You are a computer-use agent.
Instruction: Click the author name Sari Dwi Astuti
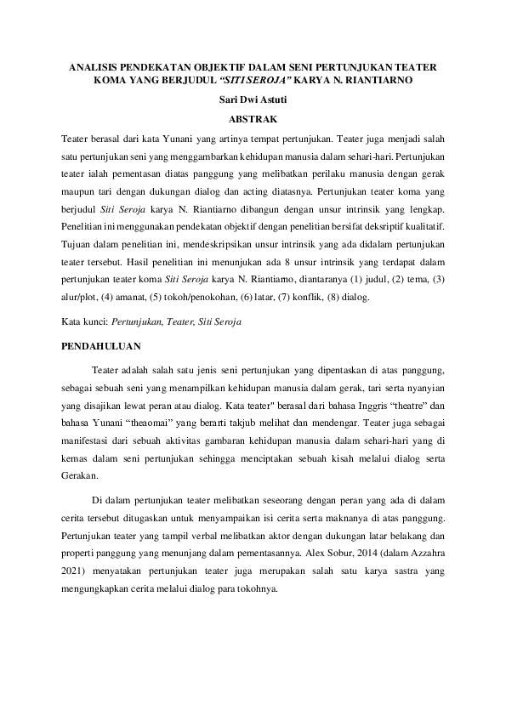tap(253, 101)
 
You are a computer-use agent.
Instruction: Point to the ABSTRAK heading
tap(253, 119)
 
